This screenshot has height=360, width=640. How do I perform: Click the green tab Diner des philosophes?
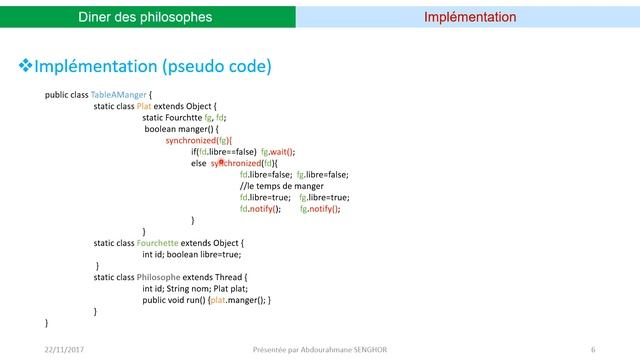[x=146, y=17]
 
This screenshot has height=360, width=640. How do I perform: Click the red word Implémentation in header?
[x=470, y=17]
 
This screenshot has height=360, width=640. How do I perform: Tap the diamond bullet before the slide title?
[x=27, y=66]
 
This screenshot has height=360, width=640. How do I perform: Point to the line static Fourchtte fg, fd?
[x=184, y=117]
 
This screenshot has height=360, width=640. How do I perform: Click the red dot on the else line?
[x=220, y=162]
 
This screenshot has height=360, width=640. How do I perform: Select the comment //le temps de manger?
[x=281, y=186]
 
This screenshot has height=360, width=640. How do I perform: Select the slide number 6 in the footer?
[x=593, y=350]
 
